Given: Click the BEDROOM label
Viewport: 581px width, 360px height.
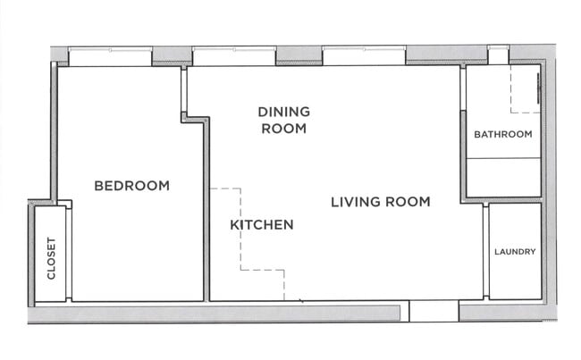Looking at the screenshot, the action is pyautogui.click(x=132, y=186).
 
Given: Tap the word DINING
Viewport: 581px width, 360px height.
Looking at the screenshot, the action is pyautogui.click(x=284, y=112).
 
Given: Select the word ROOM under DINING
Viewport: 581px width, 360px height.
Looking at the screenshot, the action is pyautogui.click(x=284, y=129).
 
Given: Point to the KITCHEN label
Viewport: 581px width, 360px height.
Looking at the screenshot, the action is pyautogui.click(x=262, y=225).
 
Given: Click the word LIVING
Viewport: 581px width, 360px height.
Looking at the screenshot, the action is pyautogui.click(x=356, y=202).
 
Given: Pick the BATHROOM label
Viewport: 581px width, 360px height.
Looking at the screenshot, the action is pyautogui.click(x=503, y=134).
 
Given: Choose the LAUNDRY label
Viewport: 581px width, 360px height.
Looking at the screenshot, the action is pyautogui.click(x=515, y=252).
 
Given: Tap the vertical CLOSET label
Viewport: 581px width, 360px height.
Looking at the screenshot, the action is pyautogui.click(x=51, y=258).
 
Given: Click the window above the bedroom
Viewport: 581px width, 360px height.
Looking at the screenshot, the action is pyautogui.click(x=110, y=56).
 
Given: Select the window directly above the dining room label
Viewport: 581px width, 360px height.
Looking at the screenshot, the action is pyautogui.click(x=234, y=56).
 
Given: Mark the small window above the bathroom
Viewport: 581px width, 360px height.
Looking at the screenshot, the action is pyautogui.click(x=499, y=54).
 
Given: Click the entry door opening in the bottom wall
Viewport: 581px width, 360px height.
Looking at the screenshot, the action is pyautogui.click(x=434, y=311).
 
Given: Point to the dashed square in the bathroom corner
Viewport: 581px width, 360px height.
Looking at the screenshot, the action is pyautogui.click(x=525, y=88).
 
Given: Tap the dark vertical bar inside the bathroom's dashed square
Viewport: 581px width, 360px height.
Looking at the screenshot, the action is pyautogui.click(x=538, y=88).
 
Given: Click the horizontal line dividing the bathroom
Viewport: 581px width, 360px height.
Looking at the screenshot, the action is pyautogui.click(x=503, y=158).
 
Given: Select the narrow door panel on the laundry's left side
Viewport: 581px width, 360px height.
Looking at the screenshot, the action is pyautogui.click(x=485, y=251).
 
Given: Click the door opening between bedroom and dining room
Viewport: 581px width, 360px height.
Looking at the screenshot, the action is pyautogui.click(x=184, y=89).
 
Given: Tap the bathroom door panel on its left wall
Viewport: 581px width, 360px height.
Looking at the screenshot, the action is pyautogui.click(x=463, y=88).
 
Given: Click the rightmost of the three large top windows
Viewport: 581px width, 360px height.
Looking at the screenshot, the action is pyautogui.click(x=364, y=56).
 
